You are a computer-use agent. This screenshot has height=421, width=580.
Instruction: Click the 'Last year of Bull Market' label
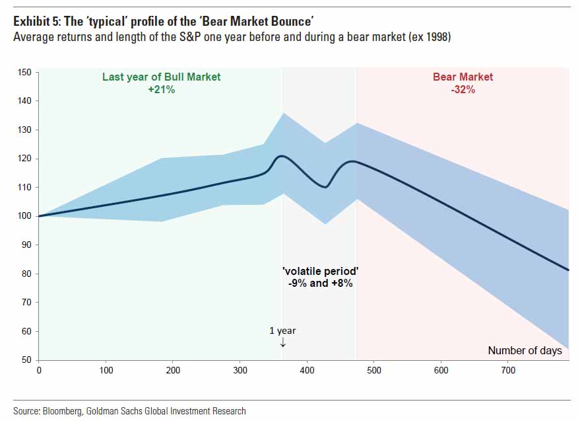(161, 77)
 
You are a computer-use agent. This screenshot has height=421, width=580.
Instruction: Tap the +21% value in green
(161, 89)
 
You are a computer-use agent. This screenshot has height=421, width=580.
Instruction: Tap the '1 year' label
(282, 330)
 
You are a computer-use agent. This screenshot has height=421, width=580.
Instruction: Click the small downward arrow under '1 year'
(282, 342)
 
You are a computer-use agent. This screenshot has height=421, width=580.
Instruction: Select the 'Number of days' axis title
(525, 350)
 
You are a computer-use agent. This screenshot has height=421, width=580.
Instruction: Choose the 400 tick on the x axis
(307, 371)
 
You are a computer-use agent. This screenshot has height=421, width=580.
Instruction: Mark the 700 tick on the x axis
(508, 371)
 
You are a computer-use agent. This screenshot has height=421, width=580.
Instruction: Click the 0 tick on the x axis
(39, 371)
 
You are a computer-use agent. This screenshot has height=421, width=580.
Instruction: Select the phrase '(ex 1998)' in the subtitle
(430, 35)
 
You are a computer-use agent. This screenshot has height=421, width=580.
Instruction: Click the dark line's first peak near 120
(282, 156)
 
